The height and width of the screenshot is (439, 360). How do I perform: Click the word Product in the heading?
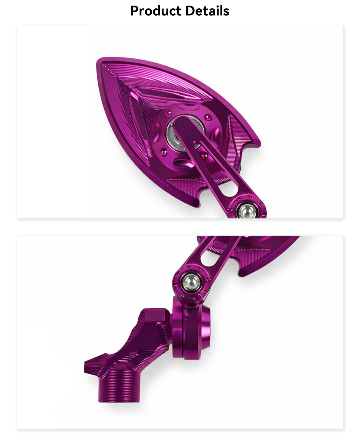(156, 11)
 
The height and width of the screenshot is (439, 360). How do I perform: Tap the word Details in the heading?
(207, 11)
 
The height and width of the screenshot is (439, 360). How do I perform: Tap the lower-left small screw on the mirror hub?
(164, 152)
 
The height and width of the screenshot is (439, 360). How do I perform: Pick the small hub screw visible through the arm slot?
(204, 155)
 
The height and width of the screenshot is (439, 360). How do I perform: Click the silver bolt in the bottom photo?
(192, 282)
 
